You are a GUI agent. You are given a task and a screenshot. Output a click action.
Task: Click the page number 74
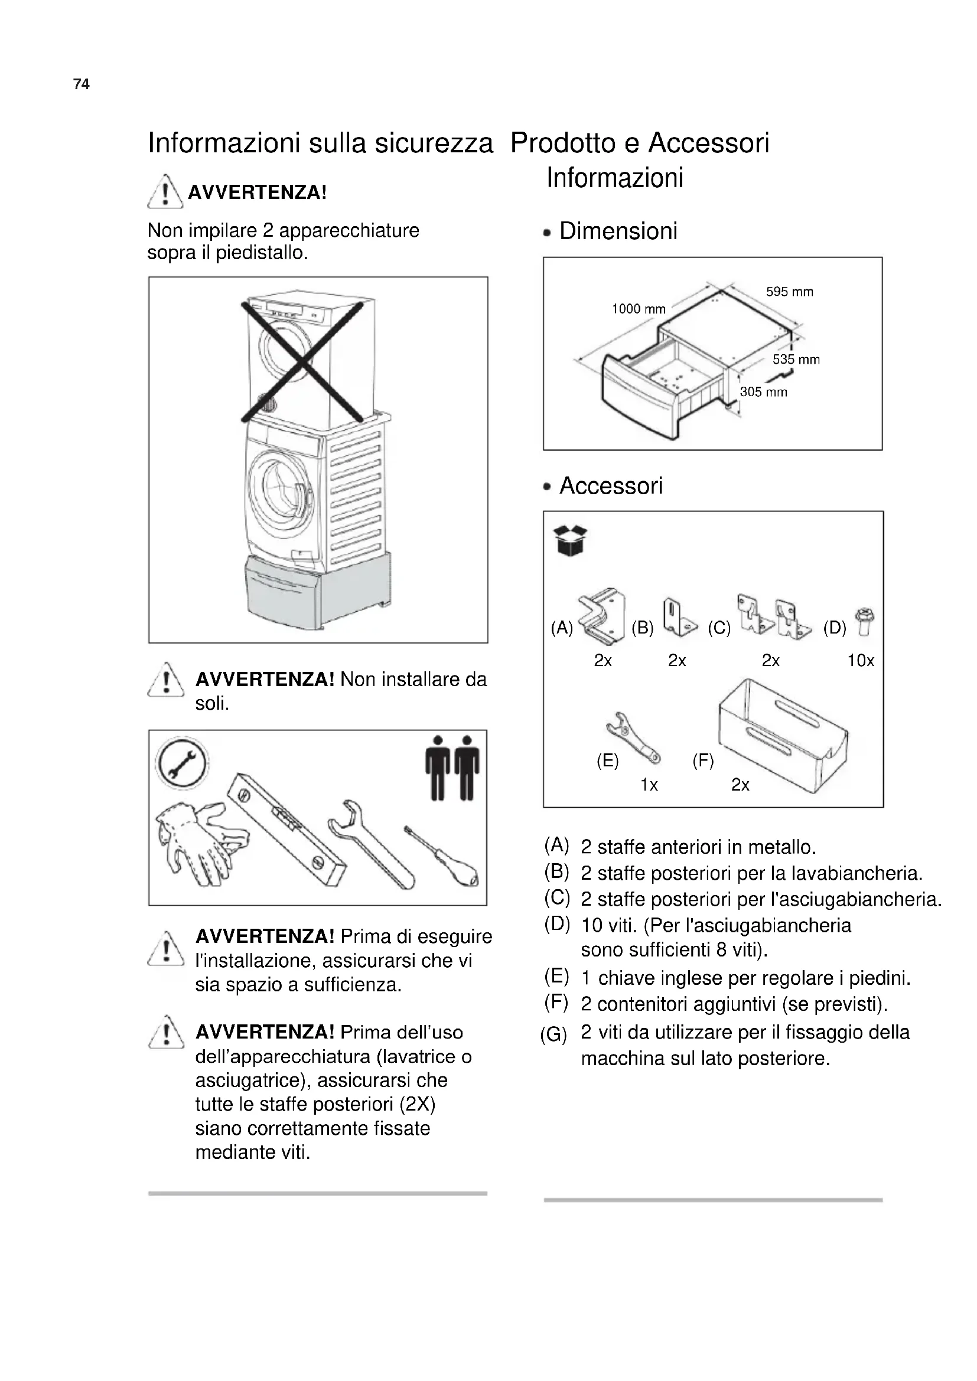pos(81,84)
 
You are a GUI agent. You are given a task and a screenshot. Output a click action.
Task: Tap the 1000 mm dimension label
pos(639,309)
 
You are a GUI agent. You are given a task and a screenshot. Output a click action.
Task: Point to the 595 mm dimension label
pos(789,292)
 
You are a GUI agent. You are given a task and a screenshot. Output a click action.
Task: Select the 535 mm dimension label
pos(796,360)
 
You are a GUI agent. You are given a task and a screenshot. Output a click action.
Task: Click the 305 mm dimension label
pos(763,392)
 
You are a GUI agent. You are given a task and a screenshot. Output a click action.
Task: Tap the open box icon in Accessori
pos(569,540)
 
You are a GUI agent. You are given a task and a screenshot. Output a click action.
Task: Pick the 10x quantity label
pos(860,661)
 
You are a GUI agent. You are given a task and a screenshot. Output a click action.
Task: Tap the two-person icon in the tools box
pos(452,768)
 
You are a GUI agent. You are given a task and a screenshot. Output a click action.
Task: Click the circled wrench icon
pos(182,762)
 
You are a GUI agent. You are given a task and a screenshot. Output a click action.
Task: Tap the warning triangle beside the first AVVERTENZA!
pos(165,191)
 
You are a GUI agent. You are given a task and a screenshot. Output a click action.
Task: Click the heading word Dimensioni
pos(618,231)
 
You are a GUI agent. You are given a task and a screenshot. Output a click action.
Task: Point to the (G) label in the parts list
pos(553,1035)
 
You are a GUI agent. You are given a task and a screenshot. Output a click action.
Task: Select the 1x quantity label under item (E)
pos(649,785)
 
